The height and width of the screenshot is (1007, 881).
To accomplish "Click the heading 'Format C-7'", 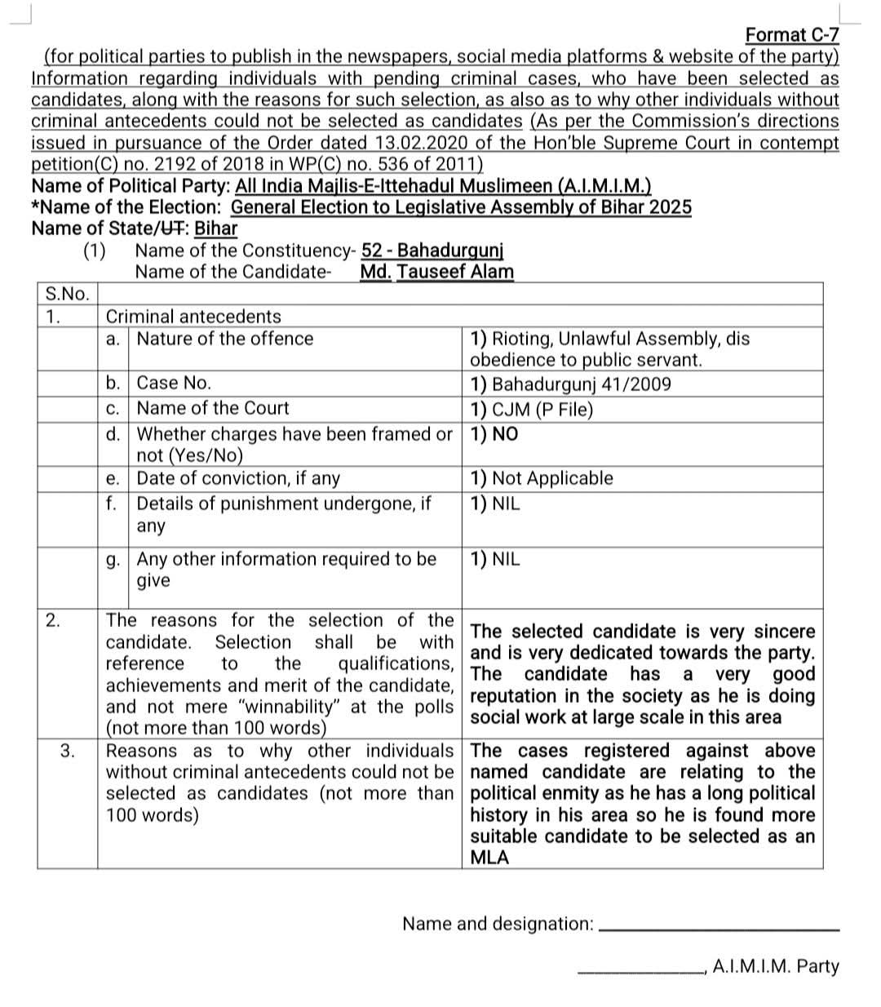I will coord(791,35).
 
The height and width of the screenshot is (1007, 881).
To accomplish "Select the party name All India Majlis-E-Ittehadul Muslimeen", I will coord(442,186).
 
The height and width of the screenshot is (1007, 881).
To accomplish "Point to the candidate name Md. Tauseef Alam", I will coord(436,272).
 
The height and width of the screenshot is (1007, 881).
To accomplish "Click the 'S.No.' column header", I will coord(67,294).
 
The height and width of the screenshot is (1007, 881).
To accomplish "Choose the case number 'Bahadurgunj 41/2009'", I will coord(571,384).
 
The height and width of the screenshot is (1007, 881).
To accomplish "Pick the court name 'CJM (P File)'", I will coord(532,410).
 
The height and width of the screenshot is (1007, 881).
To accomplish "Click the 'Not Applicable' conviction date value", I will coord(542,478).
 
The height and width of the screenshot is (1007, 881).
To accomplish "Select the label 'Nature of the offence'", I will coord(224,339).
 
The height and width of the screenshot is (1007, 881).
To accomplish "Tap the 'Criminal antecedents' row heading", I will coord(193,317).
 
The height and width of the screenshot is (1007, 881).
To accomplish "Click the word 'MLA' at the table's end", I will coord(489,858).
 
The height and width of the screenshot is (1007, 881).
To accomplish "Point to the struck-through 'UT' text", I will coord(172,228).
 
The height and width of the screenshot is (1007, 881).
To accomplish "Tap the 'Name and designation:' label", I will coord(498,924).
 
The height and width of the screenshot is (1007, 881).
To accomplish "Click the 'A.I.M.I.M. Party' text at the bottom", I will coord(775,967).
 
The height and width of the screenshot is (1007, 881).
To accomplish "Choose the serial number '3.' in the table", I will coord(69,751).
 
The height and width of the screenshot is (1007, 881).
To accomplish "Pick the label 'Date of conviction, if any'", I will coord(238,478).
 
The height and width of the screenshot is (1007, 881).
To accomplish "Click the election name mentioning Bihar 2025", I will coord(461,207).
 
